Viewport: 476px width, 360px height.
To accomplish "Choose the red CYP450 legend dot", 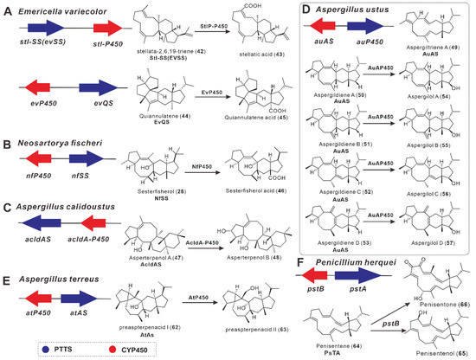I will [x=102, y=346].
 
